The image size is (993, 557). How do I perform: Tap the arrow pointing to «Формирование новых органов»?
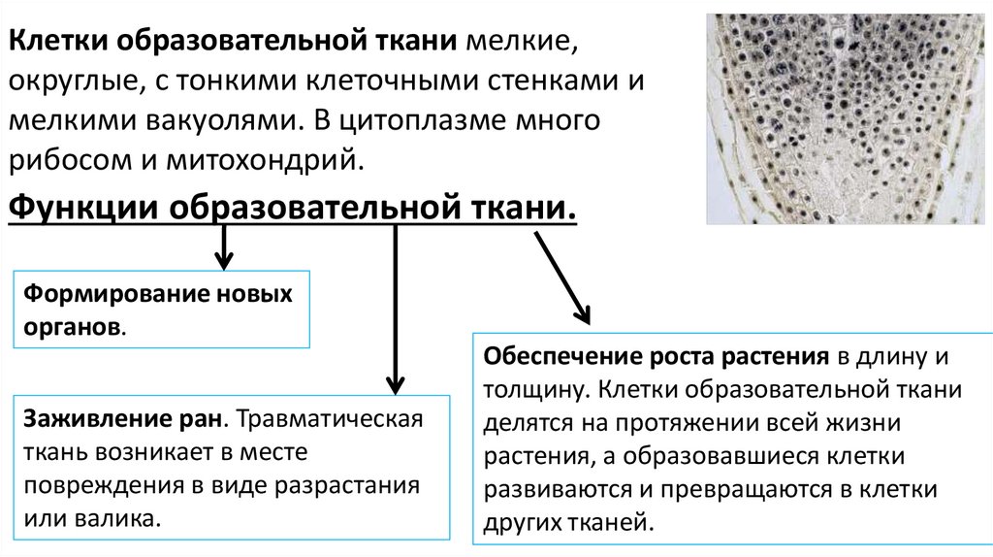[x=224, y=247]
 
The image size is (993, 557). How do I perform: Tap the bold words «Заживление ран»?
[x=123, y=421]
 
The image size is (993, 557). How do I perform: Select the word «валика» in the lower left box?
[x=121, y=518]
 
